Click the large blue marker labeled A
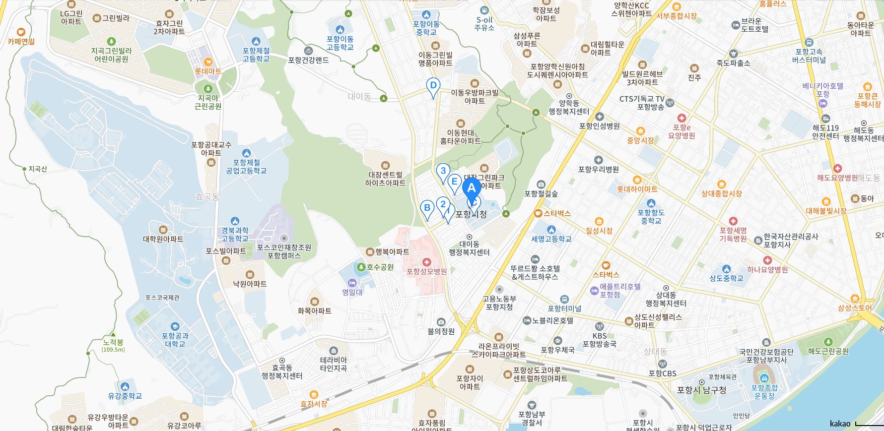(472, 188)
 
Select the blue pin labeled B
(426, 208)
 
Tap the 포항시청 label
(471, 214)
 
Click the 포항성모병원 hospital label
(426, 271)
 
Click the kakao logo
(840, 424)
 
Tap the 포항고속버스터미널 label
(809, 56)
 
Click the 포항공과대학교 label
(175, 340)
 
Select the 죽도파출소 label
(733, 63)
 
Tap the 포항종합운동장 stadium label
(764, 392)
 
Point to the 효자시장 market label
(314, 404)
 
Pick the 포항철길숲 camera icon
(541, 185)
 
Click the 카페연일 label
(21, 42)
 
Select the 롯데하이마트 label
(637, 189)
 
